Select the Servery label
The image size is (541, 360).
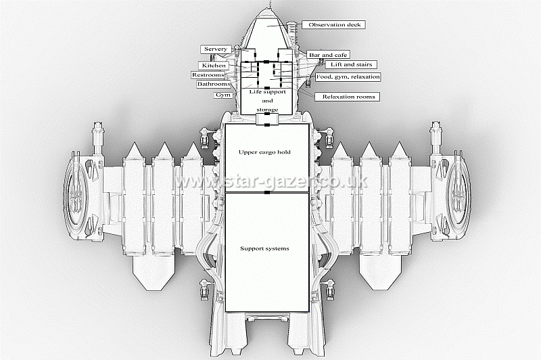pyautogui.click(x=216, y=49)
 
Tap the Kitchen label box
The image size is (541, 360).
pyautogui.click(x=214, y=66)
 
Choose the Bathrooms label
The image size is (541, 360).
pyautogui.click(x=213, y=85)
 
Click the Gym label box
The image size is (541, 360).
pyautogui.click(x=222, y=95)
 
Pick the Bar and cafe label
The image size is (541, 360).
pyautogui.click(x=328, y=54)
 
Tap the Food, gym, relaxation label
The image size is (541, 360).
pyautogui.click(x=348, y=77)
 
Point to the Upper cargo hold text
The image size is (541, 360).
pyautogui.click(x=264, y=152)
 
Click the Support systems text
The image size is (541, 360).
pyautogui.click(x=264, y=248)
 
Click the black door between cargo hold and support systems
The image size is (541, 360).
pyautogui.click(x=267, y=194)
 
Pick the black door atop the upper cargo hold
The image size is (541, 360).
pyautogui.click(x=267, y=124)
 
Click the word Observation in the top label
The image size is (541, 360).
pyautogui.click(x=323, y=25)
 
